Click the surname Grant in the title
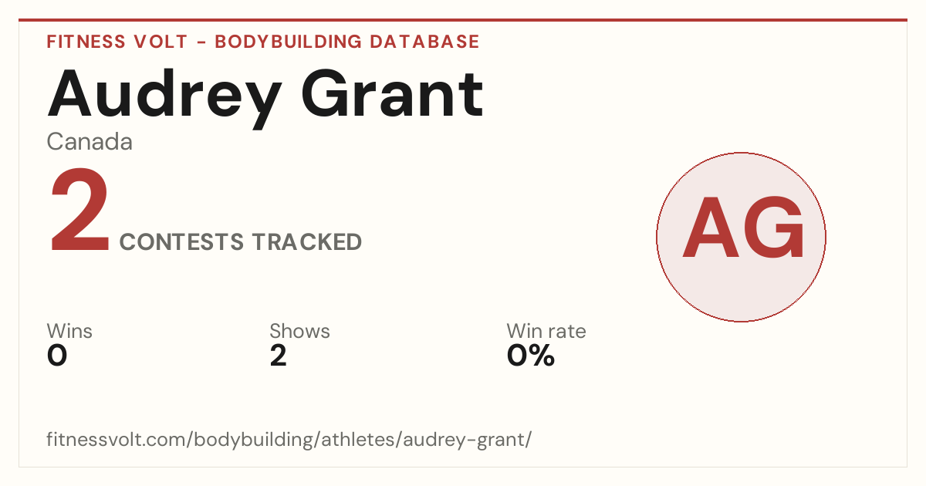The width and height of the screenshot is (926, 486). (x=392, y=94)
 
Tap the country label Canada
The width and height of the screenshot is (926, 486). (x=90, y=142)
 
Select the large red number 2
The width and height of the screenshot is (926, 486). (x=79, y=210)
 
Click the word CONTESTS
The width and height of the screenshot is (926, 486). (x=181, y=241)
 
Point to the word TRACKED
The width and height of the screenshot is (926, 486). (x=307, y=241)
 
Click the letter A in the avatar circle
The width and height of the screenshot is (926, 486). (x=710, y=228)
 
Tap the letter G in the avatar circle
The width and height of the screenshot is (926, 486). (x=773, y=228)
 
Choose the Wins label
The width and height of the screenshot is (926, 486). (x=69, y=331)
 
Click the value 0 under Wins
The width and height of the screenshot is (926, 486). (x=57, y=356)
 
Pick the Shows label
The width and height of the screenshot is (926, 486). (x=299, y=331)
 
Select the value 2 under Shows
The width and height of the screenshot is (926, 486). (x=279, y=356)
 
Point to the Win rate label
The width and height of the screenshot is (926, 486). (x=546, y=331)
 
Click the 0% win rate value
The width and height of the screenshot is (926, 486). (x=531, y=356)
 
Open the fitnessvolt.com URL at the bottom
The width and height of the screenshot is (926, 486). (x=289, y=440)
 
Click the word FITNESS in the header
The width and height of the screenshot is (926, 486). (x=86, y=42)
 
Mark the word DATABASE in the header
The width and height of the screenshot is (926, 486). (x=424, y=42)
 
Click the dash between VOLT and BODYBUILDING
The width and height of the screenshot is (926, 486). (x=201, y=42)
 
